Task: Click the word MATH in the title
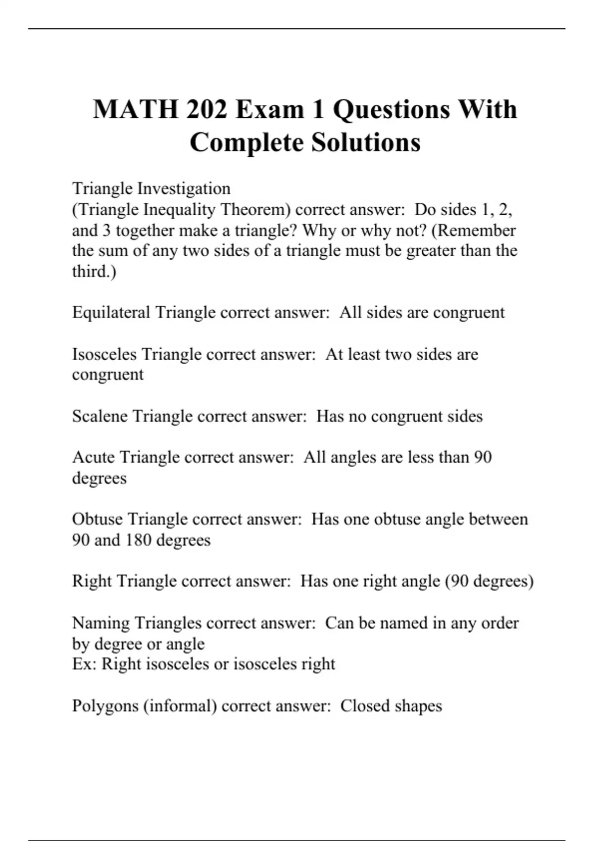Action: tap(135, 109)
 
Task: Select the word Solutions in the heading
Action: tap(366, 142)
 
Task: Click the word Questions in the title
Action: tap(391, 109)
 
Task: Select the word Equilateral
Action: tap(111, 313)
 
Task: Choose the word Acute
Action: tap(94, 457)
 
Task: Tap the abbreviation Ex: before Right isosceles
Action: tap(84, 664)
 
